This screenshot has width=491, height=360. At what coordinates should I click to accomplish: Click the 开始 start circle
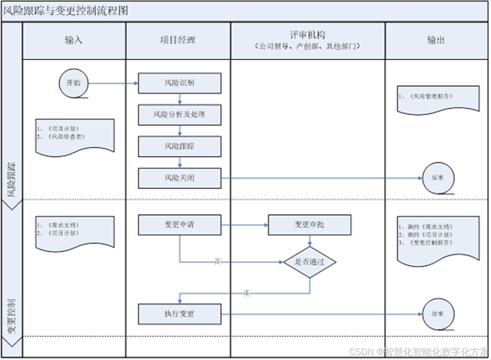tap(73, 83)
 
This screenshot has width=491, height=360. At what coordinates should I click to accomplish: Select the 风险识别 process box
tap(179, 83)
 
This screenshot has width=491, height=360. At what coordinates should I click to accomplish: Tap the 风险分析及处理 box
tap(179, 114)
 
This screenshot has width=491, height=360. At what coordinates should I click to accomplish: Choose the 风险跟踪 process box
tap(179, 146)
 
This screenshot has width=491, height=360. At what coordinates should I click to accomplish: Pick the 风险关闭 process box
tap(179, 178)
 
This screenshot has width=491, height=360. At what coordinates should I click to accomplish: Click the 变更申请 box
tap(179, 225)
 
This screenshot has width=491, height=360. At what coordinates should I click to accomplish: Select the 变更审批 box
tap(309, 225)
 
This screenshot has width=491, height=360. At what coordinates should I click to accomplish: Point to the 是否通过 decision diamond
tap(309, 262)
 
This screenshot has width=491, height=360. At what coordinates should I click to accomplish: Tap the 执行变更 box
tap(179, 314)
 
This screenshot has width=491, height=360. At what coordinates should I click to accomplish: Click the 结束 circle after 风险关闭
tap(438, 178)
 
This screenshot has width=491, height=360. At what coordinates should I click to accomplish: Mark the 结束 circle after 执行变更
tap(438, 314)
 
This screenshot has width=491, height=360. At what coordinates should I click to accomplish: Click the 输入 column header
tap(73, 40)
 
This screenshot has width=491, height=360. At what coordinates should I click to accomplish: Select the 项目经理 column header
tap(178, 40)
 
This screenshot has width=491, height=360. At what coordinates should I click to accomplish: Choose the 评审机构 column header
tap(308, 40)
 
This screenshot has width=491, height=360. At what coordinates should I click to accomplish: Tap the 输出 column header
tap(436, 40)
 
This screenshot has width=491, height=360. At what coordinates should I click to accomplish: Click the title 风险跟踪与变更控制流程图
tap(66, 11)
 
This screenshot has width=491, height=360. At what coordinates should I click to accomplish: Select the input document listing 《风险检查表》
tap(74, 135)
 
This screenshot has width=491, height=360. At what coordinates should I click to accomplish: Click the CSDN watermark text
tap(418, 351)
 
